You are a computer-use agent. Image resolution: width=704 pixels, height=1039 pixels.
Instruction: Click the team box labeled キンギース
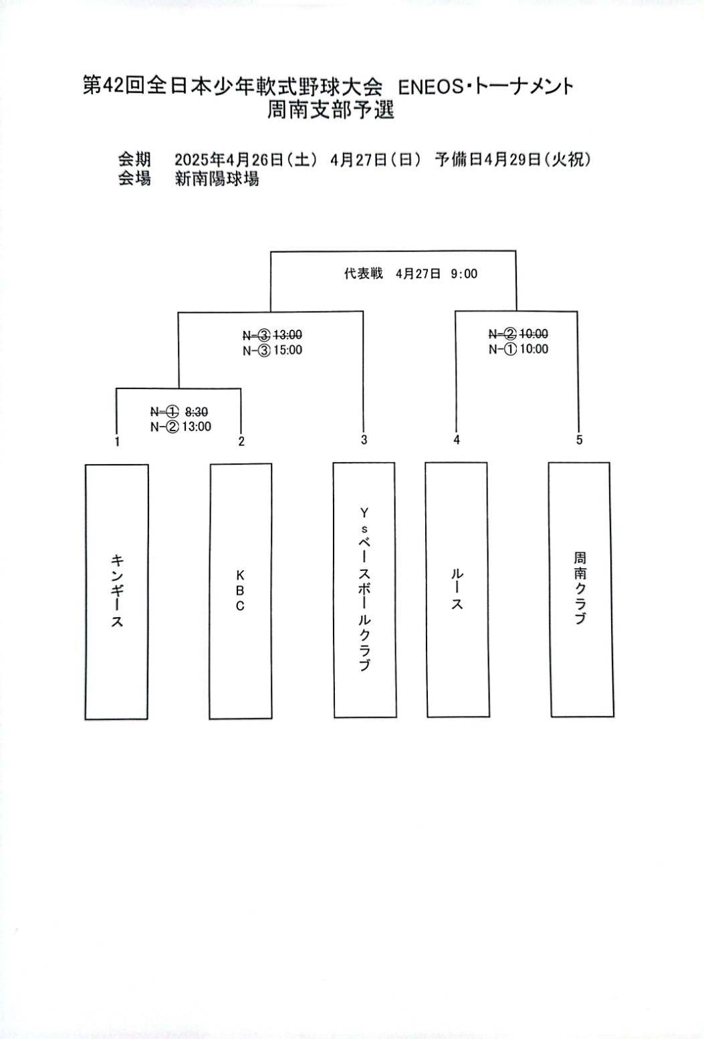116,592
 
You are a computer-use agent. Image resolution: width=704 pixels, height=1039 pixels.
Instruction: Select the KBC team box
240,592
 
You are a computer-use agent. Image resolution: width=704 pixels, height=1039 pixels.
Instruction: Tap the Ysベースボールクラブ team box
364,590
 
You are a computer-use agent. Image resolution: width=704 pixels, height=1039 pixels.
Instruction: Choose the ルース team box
457,590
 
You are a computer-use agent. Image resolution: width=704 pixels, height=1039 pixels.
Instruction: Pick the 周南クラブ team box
580,590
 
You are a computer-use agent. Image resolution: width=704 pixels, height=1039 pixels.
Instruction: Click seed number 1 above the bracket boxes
118,441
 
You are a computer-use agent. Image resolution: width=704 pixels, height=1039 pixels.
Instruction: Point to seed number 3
364,440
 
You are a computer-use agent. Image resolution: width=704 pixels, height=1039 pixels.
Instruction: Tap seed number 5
579,440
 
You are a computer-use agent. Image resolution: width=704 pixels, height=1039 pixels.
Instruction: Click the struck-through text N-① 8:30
179,411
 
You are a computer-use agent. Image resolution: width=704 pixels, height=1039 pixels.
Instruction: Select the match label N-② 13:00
181,427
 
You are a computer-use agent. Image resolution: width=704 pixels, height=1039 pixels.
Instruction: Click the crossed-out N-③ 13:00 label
272,334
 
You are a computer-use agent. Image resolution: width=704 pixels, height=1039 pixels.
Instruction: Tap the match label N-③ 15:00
272,350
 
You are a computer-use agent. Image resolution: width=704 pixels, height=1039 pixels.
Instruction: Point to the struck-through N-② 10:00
518,334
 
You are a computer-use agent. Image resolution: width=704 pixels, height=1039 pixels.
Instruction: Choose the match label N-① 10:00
518,349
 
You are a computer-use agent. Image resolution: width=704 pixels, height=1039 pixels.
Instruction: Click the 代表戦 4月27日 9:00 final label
410,273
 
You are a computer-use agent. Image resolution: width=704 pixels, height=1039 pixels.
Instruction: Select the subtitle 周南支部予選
331,110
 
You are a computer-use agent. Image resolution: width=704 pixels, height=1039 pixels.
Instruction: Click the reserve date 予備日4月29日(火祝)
513,160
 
